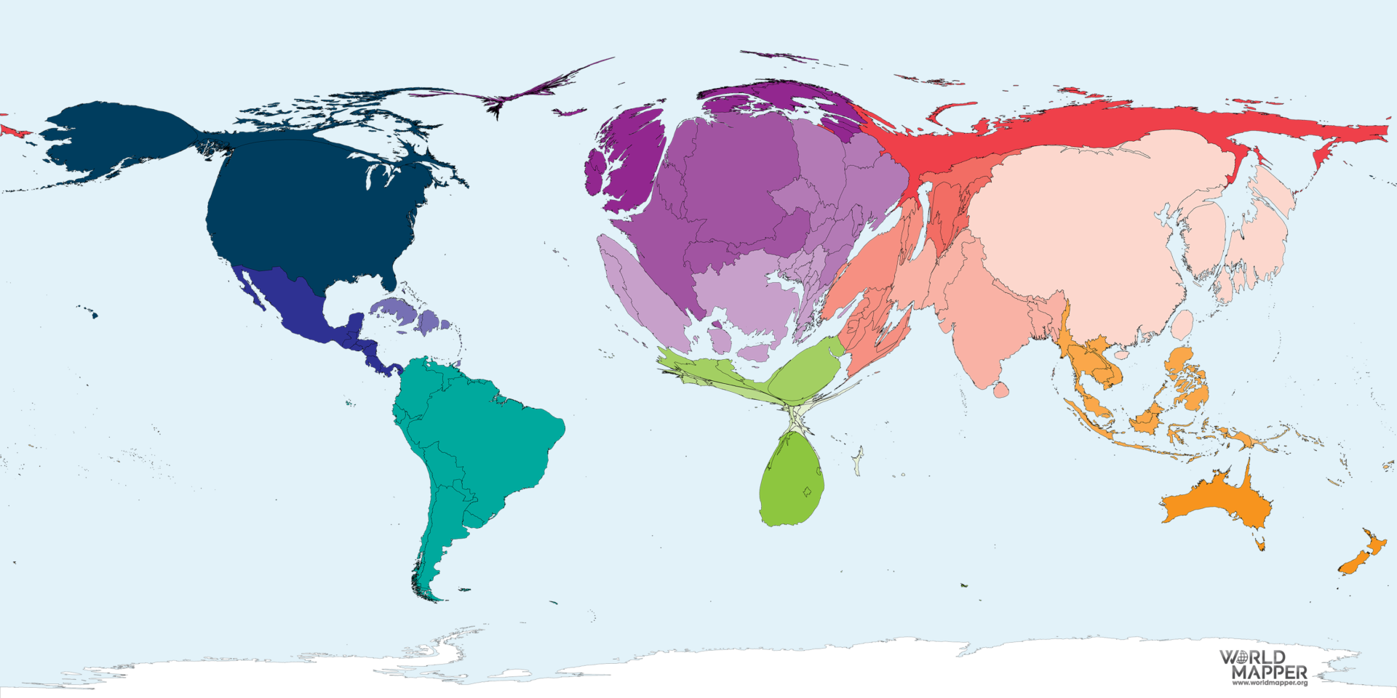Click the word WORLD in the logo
coord(1253,658)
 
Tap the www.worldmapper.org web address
coord(1269,683)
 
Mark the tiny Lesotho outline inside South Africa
coord(806,492)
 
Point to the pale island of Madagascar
coord(859,461)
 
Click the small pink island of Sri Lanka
coord(1001,390)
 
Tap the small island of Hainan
coord(1121,356)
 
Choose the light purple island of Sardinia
coord(720,340)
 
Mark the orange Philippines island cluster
coord(1186,378)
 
